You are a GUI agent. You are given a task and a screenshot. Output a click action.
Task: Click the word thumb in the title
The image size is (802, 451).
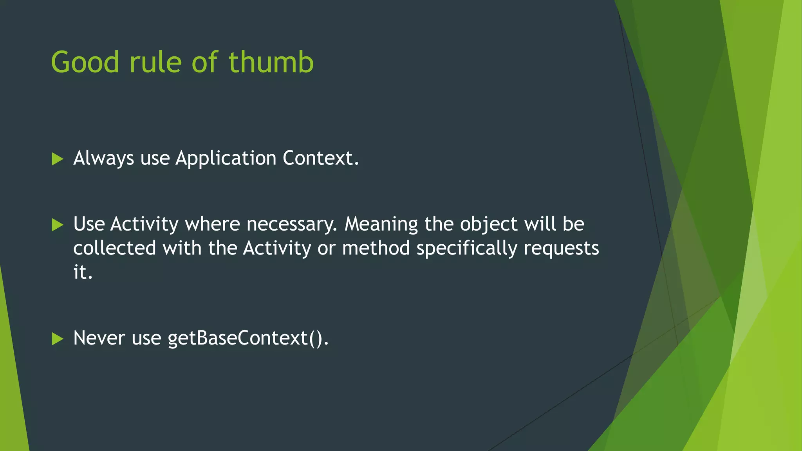pos(271,63)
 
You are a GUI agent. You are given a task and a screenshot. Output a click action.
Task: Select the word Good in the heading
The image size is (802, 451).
pos(85,63)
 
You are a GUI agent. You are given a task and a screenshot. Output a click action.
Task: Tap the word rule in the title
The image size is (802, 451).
pos(155,63)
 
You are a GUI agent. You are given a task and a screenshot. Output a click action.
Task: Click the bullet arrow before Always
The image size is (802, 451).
pos(57,159)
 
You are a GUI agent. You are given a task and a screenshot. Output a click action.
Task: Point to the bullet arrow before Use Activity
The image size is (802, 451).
pos(57,225)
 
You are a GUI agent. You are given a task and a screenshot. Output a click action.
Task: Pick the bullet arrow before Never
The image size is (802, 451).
pos(57,339)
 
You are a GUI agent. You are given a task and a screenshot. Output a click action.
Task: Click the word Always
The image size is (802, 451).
pos(104,159)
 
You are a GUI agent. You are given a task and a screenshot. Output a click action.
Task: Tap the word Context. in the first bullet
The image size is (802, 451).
pos(321,159)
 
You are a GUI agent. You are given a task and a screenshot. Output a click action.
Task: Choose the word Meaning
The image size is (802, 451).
pos(381,224)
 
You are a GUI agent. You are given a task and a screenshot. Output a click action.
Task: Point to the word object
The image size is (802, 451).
pos(489,224)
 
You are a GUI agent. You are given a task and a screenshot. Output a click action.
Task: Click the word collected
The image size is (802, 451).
pos(115,248)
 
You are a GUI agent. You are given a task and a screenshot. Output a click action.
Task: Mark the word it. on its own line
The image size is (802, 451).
pos(83,272)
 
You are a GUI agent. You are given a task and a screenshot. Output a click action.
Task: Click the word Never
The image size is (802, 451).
pos(99,338)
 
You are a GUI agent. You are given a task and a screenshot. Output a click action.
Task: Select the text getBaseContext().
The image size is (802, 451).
pos(248,338)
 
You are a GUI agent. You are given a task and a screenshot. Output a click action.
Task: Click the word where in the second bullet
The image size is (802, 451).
pos(213,224)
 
